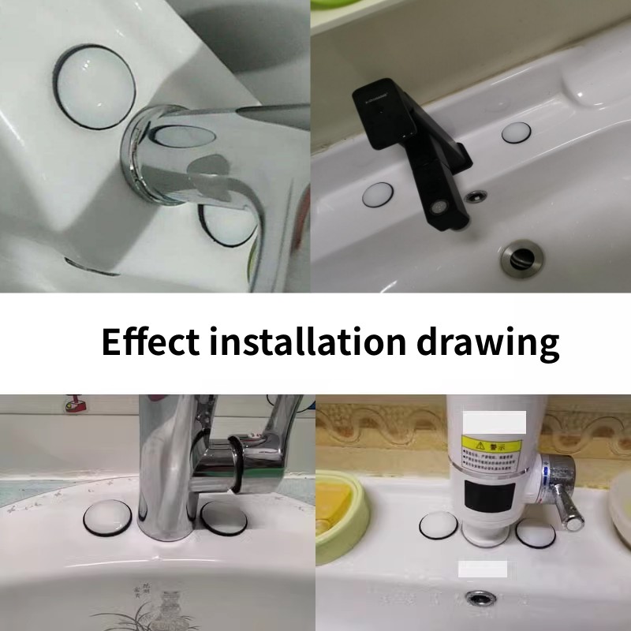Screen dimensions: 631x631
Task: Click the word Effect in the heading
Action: point(150,342)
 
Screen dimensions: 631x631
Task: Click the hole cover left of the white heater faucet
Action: point(436,527)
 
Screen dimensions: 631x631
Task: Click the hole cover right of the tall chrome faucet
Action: point(224,517)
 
